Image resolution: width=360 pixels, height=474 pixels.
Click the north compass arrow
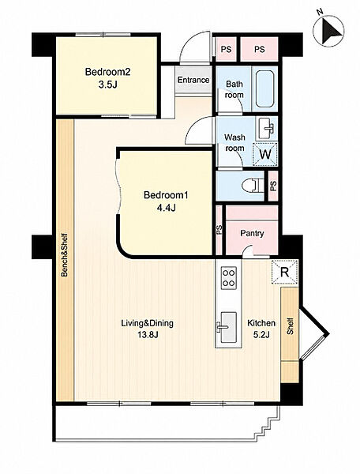[x=332, y=31]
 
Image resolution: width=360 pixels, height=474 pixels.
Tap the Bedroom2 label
[x=107, y=72]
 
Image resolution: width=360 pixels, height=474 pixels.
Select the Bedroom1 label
[x=166, y=195]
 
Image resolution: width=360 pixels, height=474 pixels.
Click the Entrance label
[x=193, y=80]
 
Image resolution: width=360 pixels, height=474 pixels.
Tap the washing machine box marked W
[x=265, y=154]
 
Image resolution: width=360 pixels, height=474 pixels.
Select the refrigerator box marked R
[x=284, y=272]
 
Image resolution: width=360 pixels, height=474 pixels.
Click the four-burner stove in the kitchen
[x=229, y=278]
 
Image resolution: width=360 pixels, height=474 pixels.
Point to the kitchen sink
[x=228, y=328]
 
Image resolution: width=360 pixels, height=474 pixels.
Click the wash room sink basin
[x=266, y=128]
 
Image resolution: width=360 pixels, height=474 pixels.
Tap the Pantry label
[x=252, y=233]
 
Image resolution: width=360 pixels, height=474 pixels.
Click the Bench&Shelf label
[x=64, y=254]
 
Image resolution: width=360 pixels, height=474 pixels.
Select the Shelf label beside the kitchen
[x=290, y=325]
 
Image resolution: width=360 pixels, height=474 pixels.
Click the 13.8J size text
[x=148, y=334]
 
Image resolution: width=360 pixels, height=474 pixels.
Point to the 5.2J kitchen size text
[x=261, y=334]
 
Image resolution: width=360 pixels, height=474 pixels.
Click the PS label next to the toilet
[x=273, y=186]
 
